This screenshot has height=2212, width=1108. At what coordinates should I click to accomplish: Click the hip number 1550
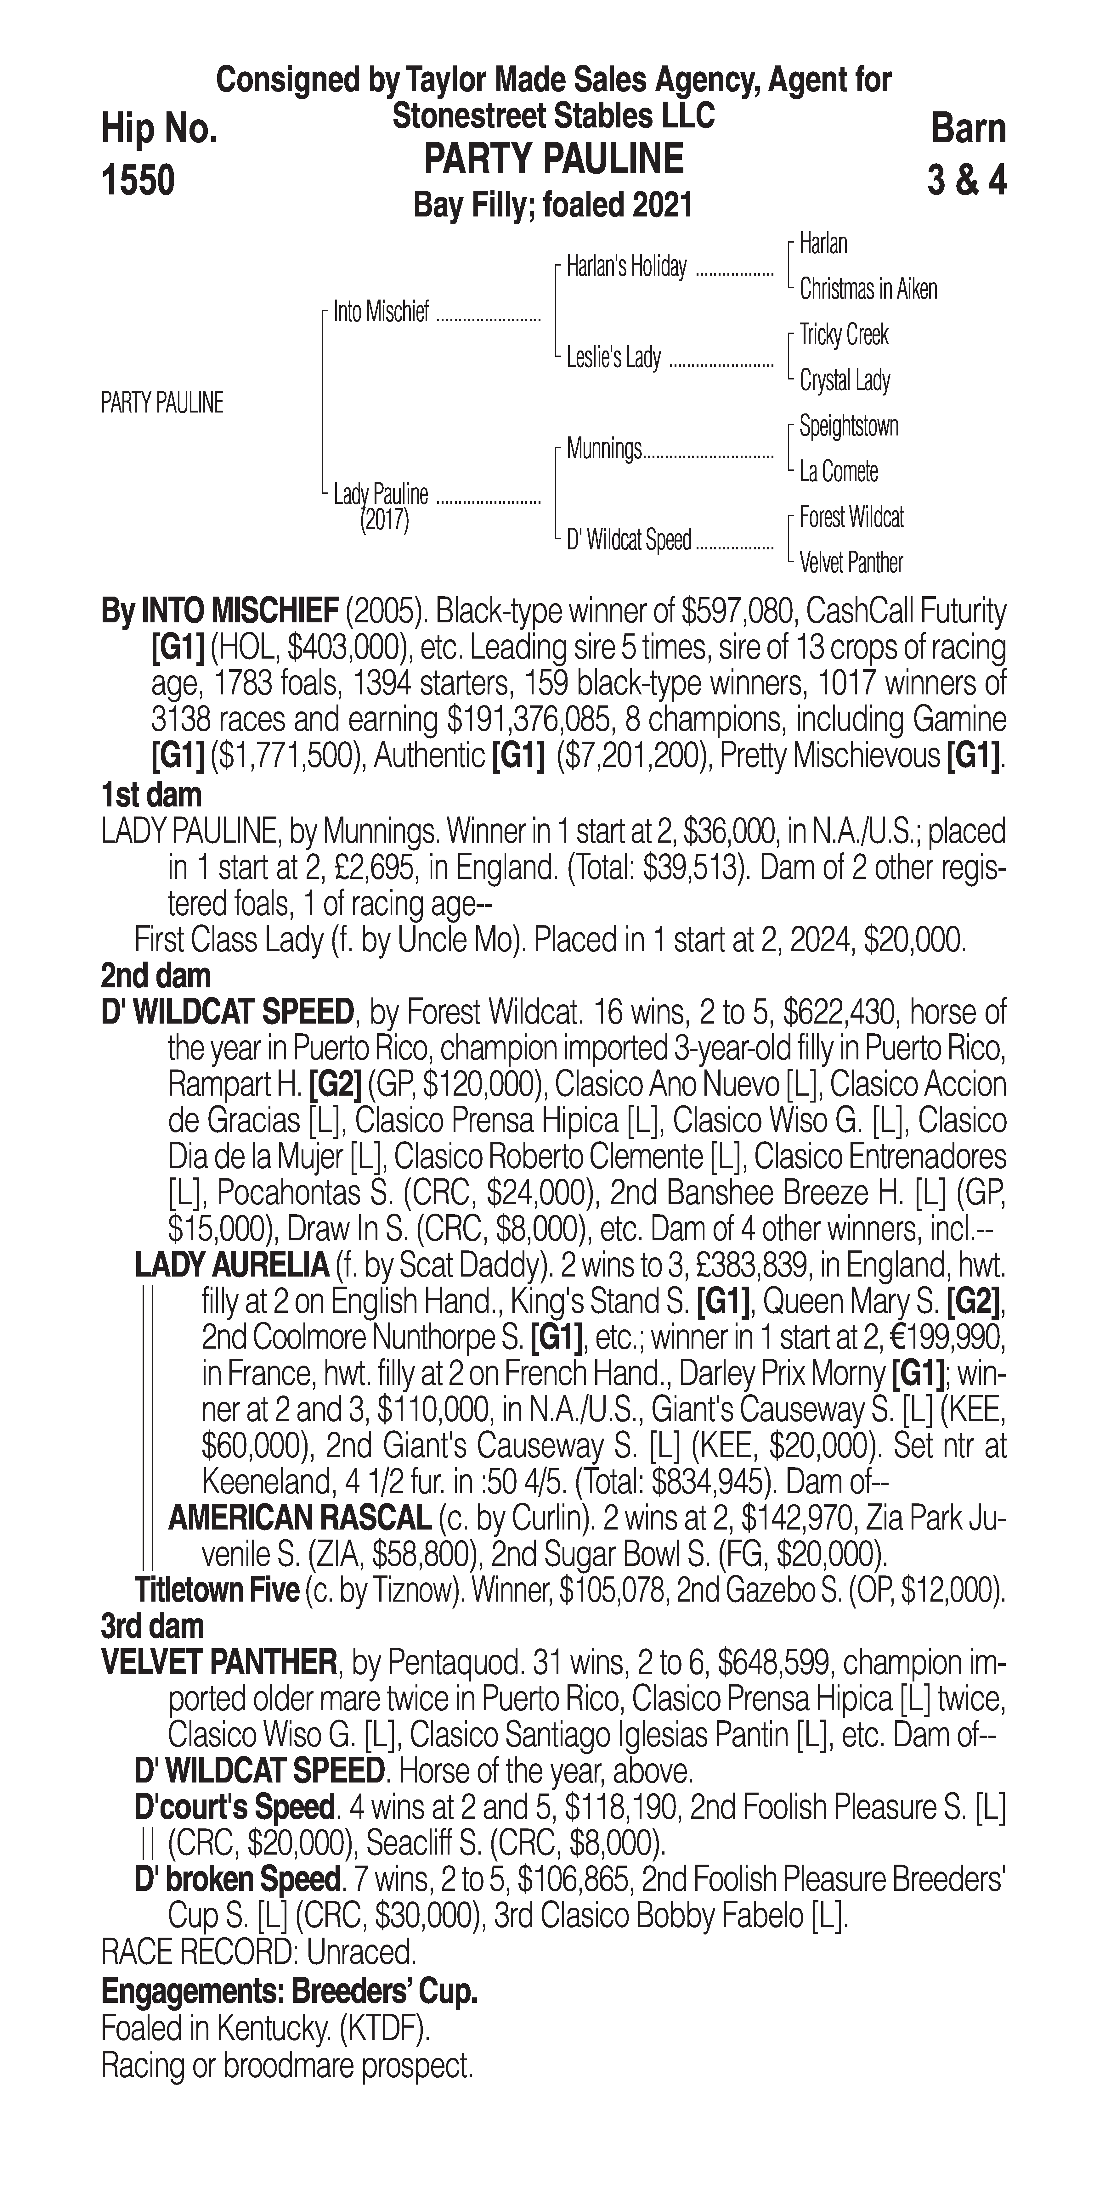point(138,181)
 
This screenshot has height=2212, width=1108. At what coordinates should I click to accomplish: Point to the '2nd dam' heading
point(155,976)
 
